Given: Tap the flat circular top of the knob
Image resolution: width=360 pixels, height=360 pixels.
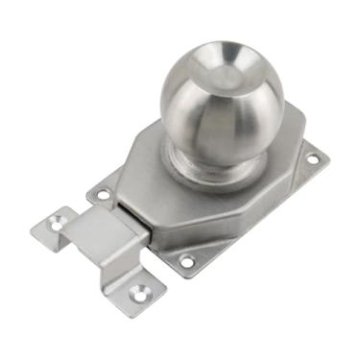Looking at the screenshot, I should [x=224, y=70].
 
